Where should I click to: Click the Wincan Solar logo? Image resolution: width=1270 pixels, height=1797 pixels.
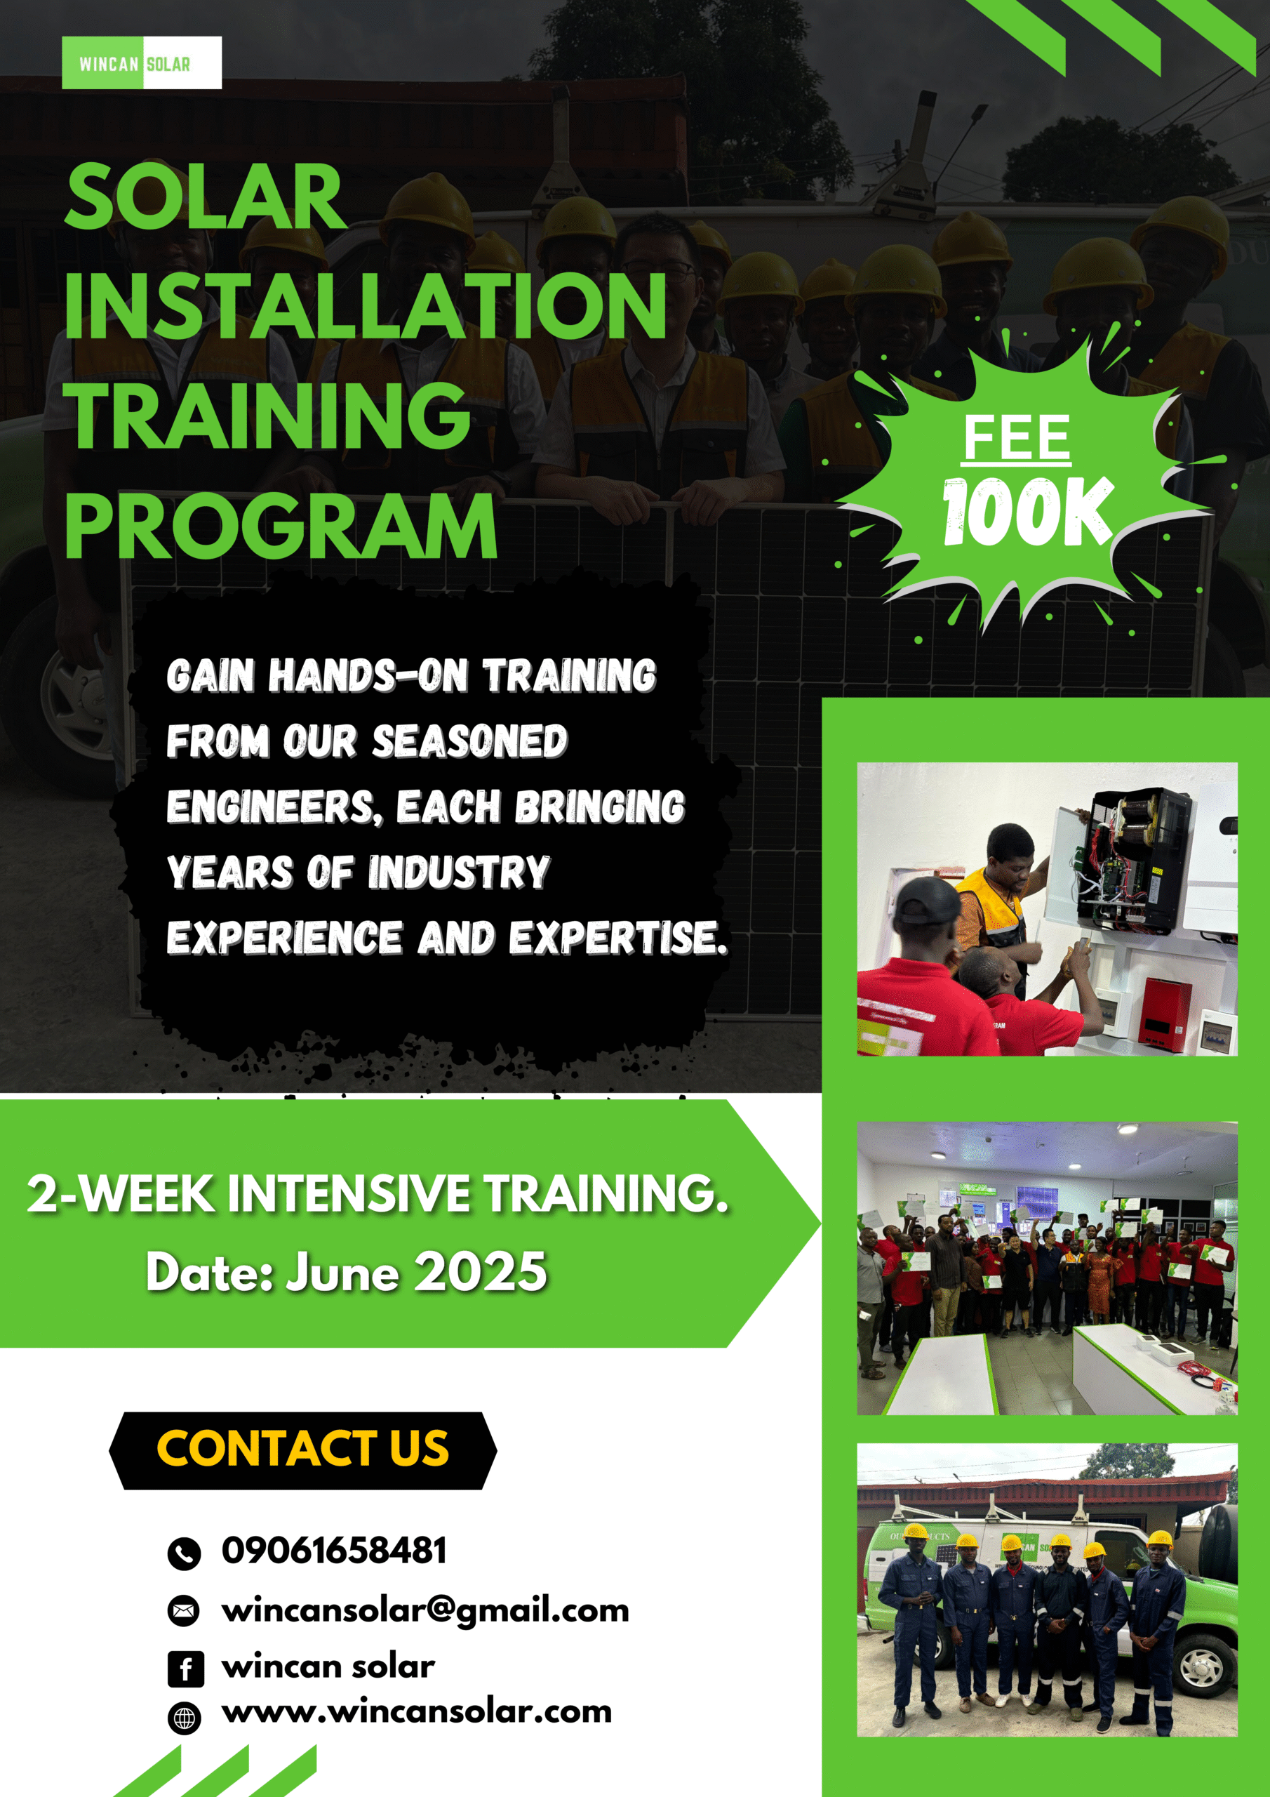[x=142, y=62]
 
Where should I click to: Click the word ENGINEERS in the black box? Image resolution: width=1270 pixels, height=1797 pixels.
[x=274, y=807]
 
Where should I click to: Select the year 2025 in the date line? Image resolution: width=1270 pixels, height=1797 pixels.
[x=481, y=1272]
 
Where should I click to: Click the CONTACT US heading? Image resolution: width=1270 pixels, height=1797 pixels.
[x=303, y=1448]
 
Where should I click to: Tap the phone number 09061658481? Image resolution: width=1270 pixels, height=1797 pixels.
[x=334, y=1551]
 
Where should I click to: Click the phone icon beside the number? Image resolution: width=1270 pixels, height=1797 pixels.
[x=184, y=1554]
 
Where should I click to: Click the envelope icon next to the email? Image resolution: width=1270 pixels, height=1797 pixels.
[x=184, y=1611]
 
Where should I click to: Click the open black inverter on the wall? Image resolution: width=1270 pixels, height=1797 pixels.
[x=1125, y=861]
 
